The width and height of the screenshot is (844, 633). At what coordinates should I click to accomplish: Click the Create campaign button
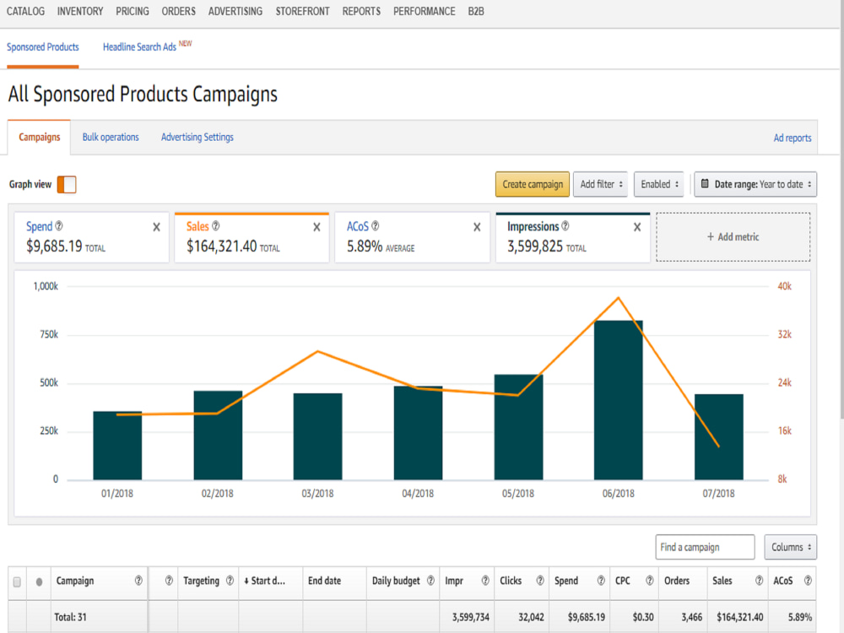tap(532, 184)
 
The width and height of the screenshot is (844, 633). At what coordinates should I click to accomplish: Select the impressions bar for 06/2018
tap(618, 400)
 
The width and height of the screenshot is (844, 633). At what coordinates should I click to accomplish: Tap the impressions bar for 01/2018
tap(117, 446)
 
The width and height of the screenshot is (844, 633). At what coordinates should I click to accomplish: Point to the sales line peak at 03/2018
tap(317, 351)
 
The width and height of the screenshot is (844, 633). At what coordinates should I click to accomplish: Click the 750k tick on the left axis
tap(49, 334)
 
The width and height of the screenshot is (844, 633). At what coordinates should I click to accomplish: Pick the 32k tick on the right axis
tap(784, 334)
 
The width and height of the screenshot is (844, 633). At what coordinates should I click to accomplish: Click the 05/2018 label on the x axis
tap(518, 493)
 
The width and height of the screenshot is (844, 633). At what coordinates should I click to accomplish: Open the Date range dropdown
tap(755, 184)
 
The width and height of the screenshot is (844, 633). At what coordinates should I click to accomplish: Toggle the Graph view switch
tap(67, 184)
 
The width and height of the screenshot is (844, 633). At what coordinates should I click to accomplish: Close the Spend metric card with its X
tap(157, 227)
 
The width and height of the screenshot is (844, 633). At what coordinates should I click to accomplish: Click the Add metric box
tap(733, 237)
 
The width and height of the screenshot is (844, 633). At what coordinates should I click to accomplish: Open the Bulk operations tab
tap(111, 138)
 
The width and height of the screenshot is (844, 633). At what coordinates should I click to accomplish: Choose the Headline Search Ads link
tap(139, 46)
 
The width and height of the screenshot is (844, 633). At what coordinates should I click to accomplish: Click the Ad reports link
tap(793, 138)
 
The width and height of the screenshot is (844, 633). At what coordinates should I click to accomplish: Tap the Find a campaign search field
tap(705, 547)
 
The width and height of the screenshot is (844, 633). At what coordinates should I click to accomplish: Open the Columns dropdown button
tap(790, 547)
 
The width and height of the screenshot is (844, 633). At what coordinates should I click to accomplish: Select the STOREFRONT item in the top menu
tap(302, 11)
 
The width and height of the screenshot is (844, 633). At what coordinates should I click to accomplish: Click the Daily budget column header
tap(396, 581)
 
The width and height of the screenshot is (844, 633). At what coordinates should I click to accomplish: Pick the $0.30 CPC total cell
tap(643, 617)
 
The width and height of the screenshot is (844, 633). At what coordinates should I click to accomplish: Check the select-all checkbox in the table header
tap(17, 582)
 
